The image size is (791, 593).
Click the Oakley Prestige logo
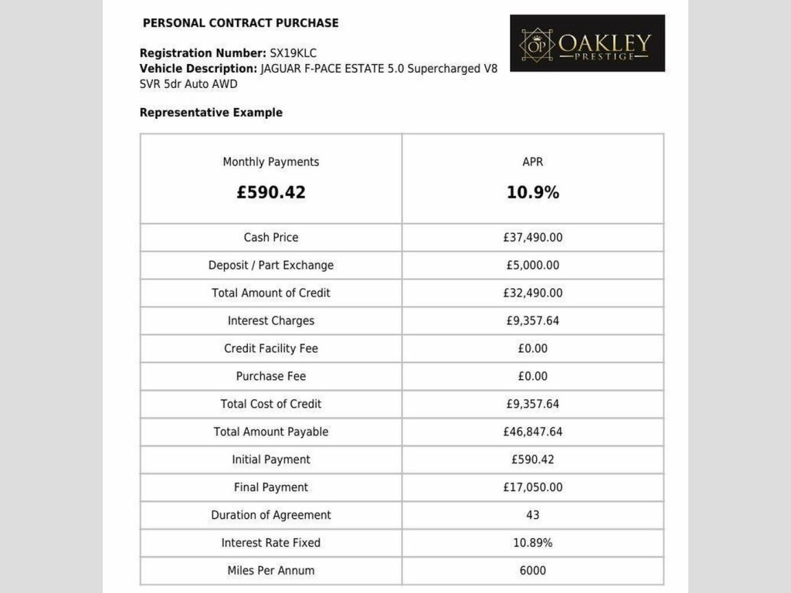click(x=587, y=43)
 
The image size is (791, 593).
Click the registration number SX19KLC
click(x=293, y=53)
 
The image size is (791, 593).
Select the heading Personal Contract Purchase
click(x=240, y=23)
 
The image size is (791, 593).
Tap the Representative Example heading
click(x=211, y=113)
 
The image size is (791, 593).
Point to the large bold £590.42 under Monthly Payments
click(x=271, y=192)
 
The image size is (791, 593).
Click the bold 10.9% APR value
click(x=533, y=192)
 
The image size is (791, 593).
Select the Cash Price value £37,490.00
click(x=533, y=238)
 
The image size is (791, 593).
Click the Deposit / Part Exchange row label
click(x=271, y=266)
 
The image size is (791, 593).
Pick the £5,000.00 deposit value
click(x=533, y=266)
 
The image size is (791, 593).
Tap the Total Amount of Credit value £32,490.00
click(x=533, y=293)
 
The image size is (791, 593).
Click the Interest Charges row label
click(x=271, y=321)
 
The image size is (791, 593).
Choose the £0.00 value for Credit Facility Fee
click(x=533, y=349)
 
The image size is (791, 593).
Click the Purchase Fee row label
click(x=271, y=377)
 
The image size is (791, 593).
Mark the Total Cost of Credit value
click(x=533, y=405)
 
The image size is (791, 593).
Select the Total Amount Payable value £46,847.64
click(x=533, y=432)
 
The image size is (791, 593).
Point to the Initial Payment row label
click(x=271, y=460)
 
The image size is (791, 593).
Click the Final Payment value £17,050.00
click(x=533, y=488)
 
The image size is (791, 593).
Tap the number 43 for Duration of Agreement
click(x=533, y=516)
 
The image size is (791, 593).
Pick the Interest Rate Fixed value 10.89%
click(x=533, y=544)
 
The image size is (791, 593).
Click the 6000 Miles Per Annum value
click(x=533, y=571)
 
